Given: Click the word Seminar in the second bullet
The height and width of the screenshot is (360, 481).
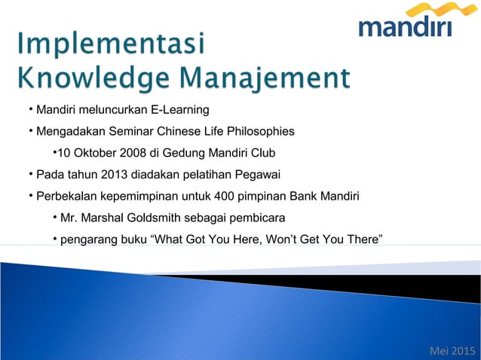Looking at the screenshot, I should point(133,133).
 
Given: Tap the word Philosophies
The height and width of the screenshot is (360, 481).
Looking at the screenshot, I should point(258,133).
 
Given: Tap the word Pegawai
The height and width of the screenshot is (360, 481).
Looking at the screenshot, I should point(257,175).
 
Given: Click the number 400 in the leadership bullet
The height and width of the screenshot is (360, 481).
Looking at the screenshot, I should point(224,197).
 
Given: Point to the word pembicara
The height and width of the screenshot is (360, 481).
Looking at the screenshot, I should point(259,218).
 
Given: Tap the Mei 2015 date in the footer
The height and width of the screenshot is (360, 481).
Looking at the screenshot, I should point(452,350).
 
